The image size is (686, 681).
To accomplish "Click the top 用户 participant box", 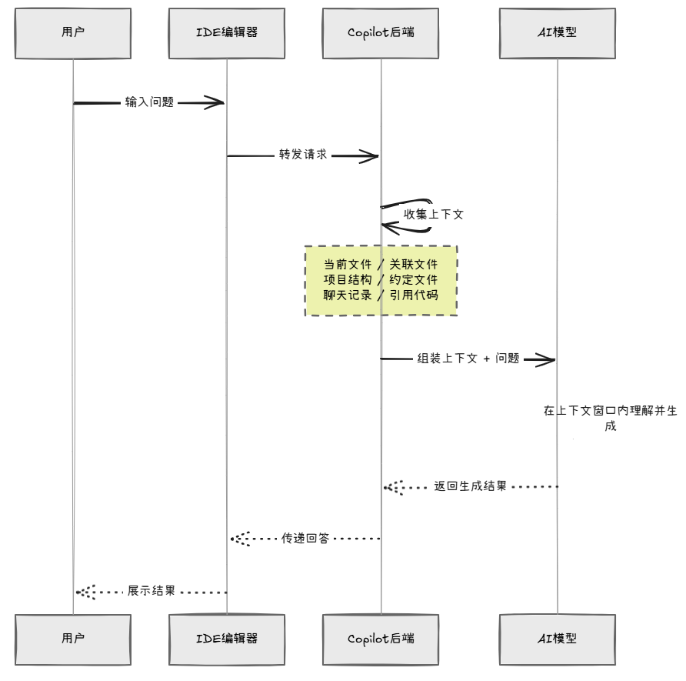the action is [73, 33].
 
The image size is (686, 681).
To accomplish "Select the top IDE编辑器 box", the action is [227, 33].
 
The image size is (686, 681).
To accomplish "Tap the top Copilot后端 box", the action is [381, 33].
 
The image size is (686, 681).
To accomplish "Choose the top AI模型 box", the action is [558, 33].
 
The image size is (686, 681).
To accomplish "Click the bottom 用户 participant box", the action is [73, 639].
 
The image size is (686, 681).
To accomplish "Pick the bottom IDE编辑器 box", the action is [227, 639].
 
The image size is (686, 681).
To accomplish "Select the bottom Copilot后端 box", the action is [381, 639].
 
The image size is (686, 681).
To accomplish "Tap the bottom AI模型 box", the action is [558, 639].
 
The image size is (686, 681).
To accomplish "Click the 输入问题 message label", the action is [150, 102].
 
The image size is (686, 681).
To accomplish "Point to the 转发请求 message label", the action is [303, 155].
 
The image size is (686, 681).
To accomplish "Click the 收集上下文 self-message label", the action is [433, 215].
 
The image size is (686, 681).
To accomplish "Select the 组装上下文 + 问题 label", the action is [468, 359].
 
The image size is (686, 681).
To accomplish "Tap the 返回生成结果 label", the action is [471, 486].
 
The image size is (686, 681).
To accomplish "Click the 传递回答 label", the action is [305, 538].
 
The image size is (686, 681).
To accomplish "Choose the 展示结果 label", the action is [152, 591].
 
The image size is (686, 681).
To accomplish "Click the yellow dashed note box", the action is [381, 281].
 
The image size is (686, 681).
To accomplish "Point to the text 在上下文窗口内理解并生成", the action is [611, 418].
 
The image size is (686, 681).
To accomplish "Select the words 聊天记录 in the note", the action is [348, 295].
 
